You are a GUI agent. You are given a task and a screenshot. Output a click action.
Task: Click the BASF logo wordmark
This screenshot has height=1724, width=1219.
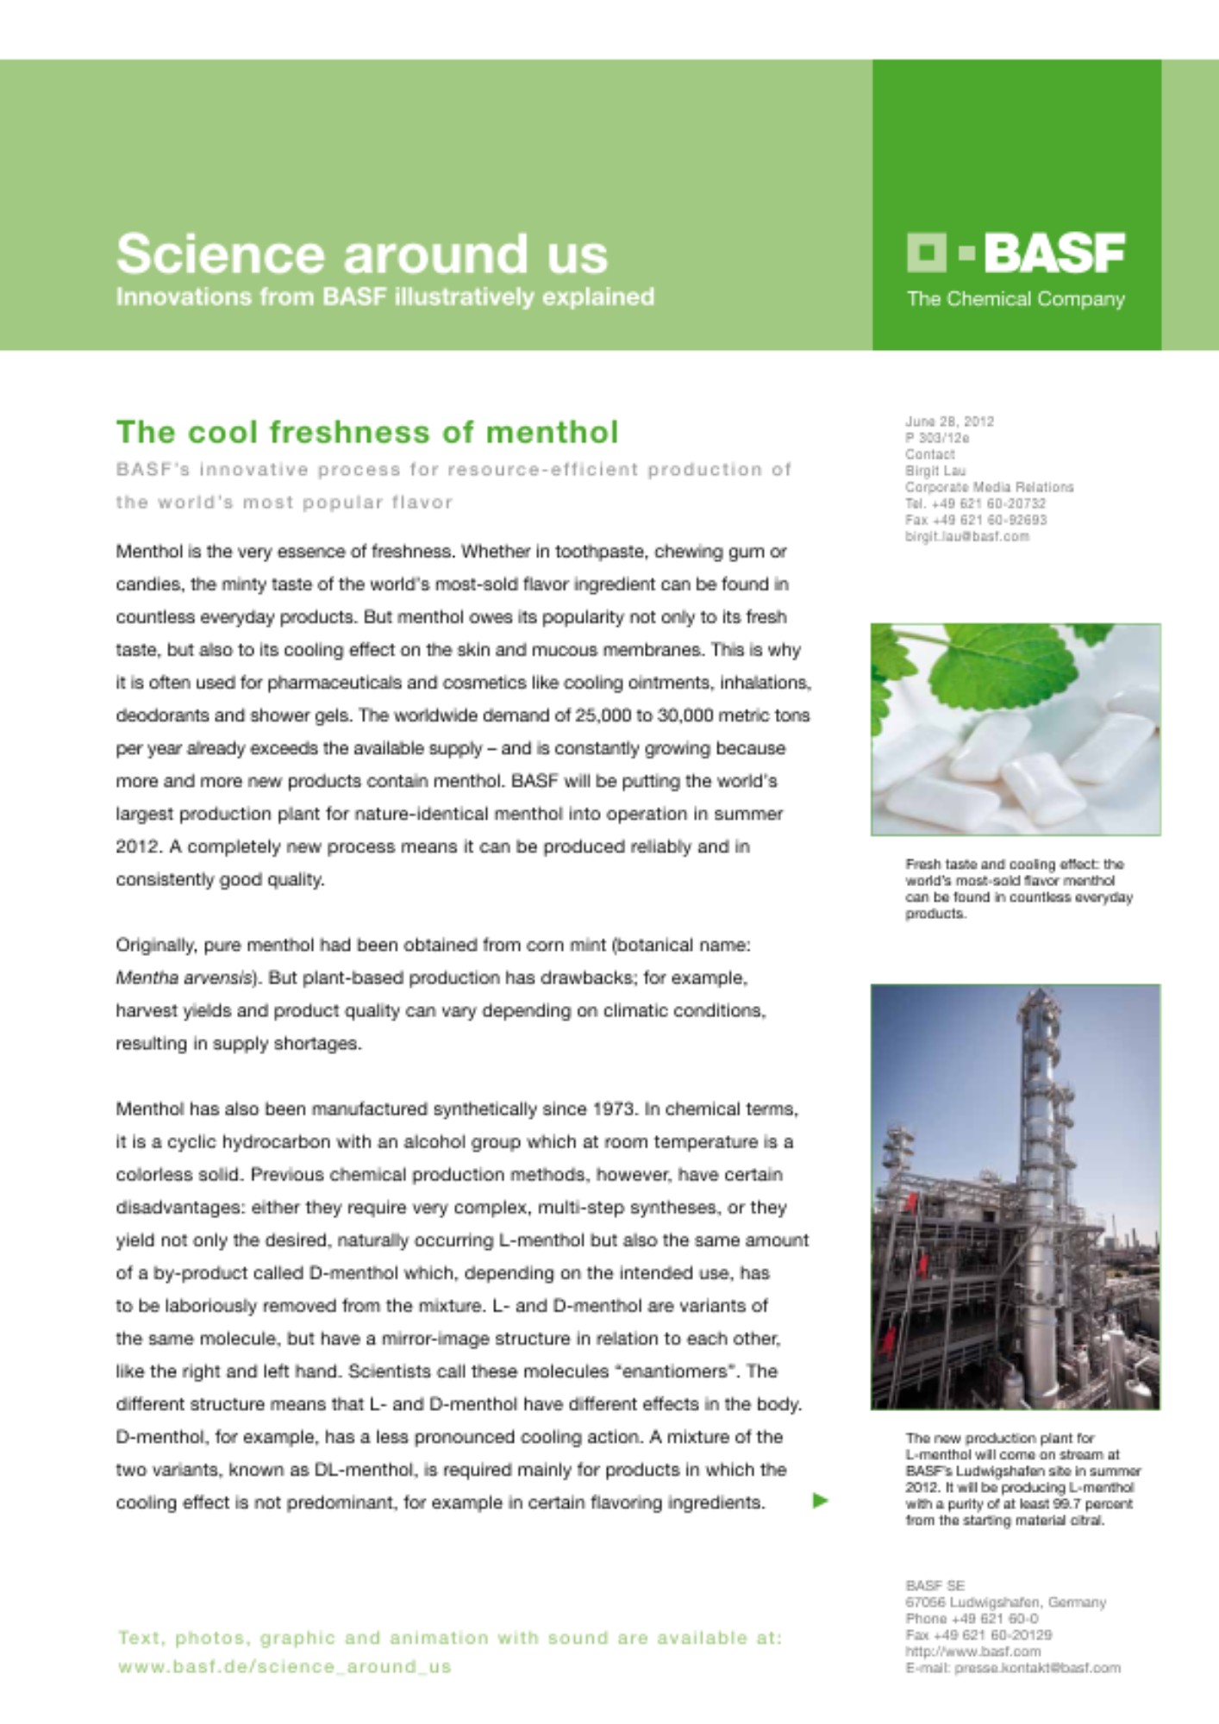1053,253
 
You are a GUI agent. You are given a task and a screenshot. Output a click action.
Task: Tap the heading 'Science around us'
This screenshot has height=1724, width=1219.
362,253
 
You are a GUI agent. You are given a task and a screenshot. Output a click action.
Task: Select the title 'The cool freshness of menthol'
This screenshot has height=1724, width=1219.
367,432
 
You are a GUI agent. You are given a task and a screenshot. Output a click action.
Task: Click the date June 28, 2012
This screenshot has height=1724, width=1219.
949,422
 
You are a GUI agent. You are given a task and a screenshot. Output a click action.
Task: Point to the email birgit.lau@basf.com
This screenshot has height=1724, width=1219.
966,536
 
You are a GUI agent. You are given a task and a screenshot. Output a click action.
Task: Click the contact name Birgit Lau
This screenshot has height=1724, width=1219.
935,471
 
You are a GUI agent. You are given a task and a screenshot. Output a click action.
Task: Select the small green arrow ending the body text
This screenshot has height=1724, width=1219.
820,1501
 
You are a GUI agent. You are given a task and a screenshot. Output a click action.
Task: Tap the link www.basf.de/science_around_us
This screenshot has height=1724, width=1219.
284,1667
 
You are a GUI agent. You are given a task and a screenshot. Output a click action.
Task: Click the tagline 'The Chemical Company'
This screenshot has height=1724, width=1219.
1016,299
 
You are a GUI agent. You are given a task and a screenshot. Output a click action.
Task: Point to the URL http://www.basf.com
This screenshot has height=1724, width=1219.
972,1652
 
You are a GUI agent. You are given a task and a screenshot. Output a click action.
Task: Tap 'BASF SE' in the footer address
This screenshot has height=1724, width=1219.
935,1585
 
